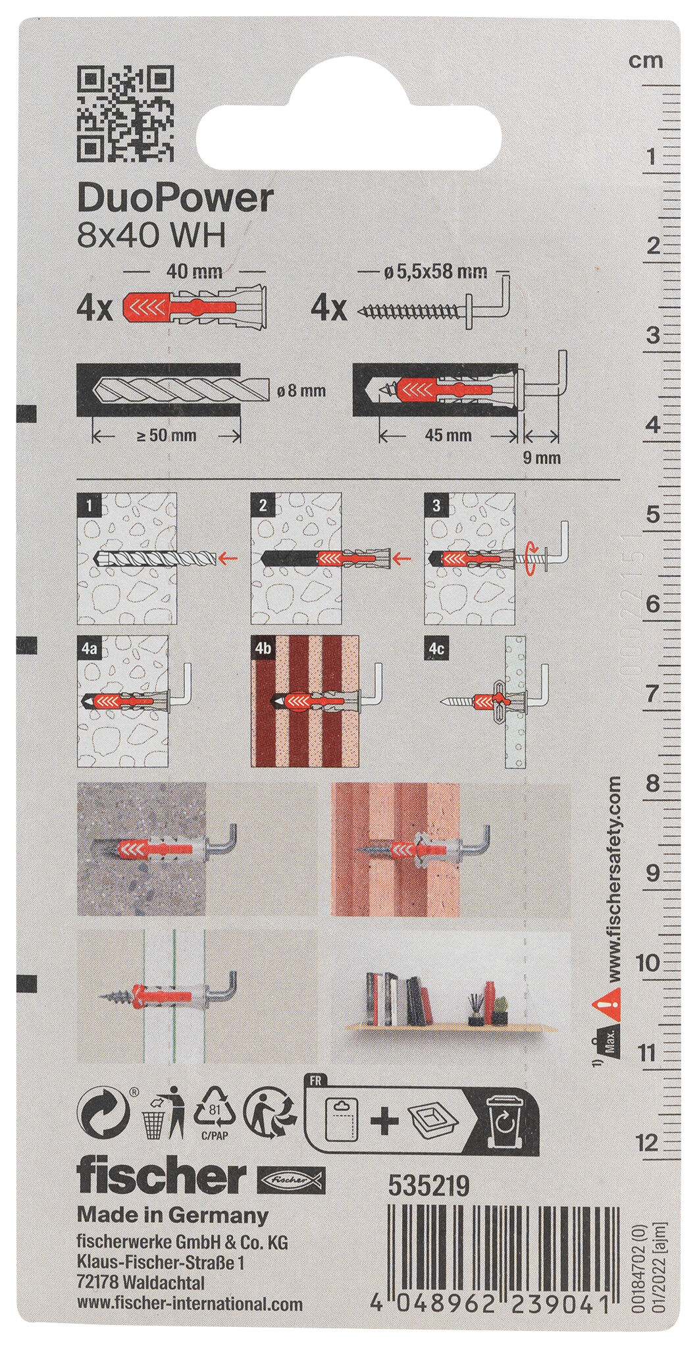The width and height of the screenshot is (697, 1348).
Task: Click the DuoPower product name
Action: click(x=174, y=199)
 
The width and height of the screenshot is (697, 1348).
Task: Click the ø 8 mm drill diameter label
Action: click(x=303, y=391)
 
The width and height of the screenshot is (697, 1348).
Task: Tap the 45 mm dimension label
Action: click(x=448, y=435)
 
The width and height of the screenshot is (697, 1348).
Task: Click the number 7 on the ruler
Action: click(x=651, y=693)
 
